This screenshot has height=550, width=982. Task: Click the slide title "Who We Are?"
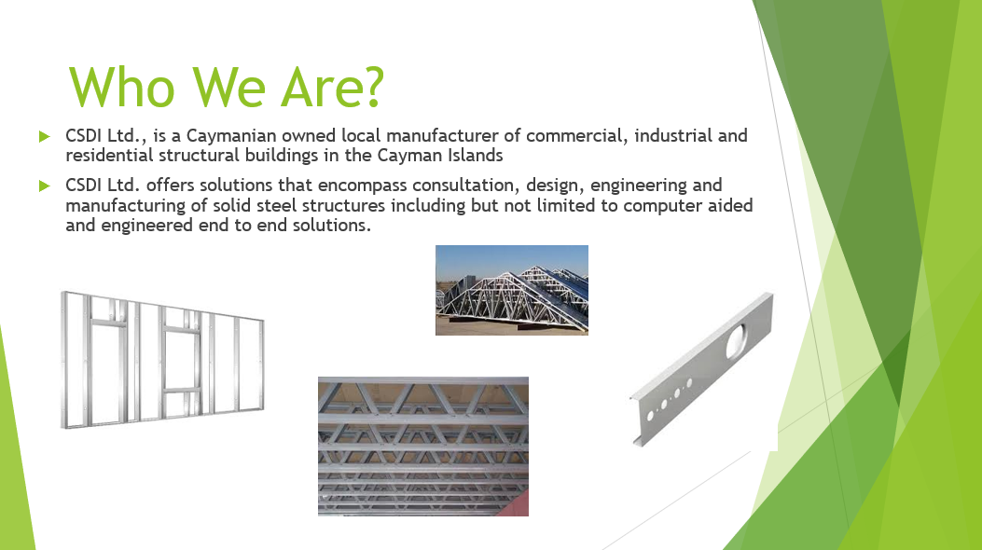tap(226, 87)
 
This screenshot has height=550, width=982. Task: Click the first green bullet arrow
tap(45, 136)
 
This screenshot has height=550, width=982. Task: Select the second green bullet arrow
tap(45, 186)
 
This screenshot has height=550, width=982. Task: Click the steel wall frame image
tap(163, 360)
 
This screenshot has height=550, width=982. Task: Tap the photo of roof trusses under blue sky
tap(512, 290)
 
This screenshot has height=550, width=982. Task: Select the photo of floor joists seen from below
tap(423, 447)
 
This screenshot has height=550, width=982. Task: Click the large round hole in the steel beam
tap(735, 340)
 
